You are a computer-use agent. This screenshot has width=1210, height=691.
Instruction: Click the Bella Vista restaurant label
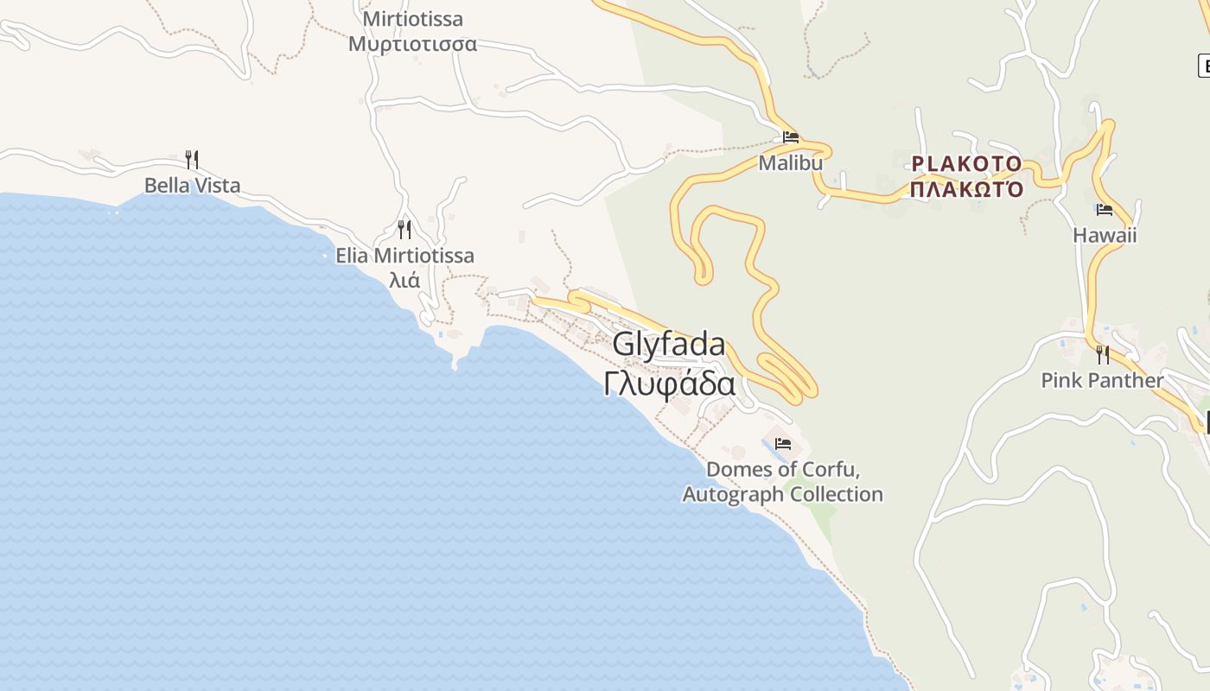[192, 185]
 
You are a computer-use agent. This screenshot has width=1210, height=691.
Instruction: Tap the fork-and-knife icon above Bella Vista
[192, 159]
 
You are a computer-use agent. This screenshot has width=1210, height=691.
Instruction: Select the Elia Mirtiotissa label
[404, 256]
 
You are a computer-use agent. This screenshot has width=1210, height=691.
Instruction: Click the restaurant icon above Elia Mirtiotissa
[404, 229]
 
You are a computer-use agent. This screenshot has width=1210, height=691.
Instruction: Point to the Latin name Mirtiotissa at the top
[412, 19]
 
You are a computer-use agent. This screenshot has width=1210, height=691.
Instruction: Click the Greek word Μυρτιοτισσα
[412, 43]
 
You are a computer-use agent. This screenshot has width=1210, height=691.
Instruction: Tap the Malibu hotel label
[790, 162]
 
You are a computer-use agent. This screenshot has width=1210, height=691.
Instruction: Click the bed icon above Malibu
[790, 136]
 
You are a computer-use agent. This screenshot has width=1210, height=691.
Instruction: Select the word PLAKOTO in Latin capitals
[966, 163]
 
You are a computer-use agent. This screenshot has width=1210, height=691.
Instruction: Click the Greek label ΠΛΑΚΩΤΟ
[966, 189]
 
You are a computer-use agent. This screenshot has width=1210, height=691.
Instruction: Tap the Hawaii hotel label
[1105, 235]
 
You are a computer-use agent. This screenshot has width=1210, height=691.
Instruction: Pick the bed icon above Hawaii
[1104, 209]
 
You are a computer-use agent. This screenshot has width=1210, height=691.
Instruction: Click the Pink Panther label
[1102, 380]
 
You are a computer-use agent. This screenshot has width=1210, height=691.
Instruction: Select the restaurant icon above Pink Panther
[1102, 354]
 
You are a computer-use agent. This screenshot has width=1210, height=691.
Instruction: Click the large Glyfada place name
[669, 344]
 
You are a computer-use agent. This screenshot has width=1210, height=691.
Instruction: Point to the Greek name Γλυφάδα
[670, 384]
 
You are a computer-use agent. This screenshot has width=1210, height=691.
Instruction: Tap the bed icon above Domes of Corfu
[783, 444]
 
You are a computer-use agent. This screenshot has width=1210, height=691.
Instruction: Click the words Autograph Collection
[782, 494]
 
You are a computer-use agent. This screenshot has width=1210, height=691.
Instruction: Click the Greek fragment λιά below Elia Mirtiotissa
[404, 280]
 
